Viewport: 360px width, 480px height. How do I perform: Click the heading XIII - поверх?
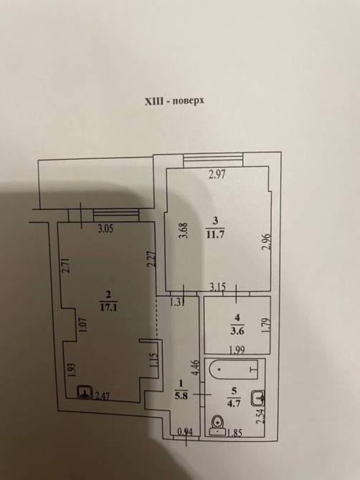174,101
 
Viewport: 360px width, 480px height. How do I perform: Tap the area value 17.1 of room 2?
108,307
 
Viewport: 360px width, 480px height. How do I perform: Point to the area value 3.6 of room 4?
237,331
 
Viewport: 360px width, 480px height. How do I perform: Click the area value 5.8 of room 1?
181,395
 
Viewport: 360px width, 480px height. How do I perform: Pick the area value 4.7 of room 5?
235,403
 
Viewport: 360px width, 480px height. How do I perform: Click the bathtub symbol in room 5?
234,370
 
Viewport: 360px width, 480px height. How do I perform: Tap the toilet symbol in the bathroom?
217,426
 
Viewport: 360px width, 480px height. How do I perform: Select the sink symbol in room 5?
257,398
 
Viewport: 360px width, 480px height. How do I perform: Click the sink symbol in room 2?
85,392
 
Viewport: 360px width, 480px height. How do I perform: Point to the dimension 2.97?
217,175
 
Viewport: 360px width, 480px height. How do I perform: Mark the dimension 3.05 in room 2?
105,229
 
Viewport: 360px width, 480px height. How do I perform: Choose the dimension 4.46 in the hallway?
196,368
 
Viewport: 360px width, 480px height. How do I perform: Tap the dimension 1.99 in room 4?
237,350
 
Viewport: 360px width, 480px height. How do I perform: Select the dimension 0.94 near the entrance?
186,431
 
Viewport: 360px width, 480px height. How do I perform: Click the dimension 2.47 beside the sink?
102,397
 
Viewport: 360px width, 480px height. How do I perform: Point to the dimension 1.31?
178,302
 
